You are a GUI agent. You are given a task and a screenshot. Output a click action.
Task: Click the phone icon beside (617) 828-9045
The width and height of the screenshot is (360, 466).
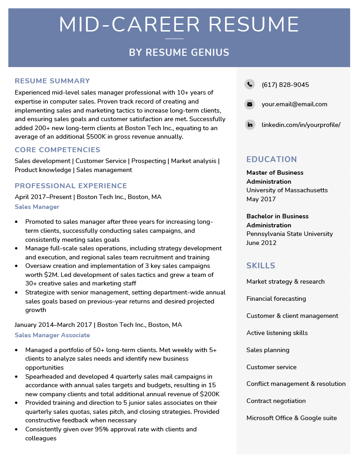(249, 84)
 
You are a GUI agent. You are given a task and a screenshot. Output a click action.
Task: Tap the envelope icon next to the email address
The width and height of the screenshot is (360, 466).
(249, 104)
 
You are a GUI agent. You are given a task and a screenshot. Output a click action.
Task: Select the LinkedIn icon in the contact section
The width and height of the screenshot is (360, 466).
(249, 125)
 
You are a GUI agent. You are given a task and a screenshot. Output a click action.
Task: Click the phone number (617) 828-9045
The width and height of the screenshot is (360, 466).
(285, 85)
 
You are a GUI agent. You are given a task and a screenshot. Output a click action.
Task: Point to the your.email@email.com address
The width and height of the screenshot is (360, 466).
(294, 104)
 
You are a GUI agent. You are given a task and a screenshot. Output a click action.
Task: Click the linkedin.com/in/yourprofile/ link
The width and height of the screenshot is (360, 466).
(301, 125)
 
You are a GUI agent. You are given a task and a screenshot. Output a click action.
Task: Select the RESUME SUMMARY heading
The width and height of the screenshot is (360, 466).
(52, 81)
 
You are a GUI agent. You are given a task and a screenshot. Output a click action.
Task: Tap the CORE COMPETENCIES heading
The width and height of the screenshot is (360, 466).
(57, 150)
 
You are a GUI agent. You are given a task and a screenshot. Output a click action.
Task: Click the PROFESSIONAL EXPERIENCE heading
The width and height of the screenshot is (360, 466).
(71, 186)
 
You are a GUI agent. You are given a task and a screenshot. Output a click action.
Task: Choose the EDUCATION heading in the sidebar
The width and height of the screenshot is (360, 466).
(271, 159)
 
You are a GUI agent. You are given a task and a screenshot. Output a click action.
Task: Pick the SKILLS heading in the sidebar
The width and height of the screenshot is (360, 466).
(261, 266)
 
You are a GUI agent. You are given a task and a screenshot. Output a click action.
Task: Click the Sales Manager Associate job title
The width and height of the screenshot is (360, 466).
(52, 335)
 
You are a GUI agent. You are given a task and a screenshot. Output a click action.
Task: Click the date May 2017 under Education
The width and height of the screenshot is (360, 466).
(261, 199)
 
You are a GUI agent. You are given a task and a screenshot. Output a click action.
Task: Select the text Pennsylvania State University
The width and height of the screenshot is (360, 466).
(289, 234)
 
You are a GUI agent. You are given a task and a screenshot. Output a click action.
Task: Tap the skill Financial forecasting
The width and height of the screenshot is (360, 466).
(276, 299)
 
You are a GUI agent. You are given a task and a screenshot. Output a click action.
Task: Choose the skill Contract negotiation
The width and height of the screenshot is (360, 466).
(276, 401)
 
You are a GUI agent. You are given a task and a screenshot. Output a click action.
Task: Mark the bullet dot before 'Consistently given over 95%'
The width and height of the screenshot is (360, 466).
(17, 430)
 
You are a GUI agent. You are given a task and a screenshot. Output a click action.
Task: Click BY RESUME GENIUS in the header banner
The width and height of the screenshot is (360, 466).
(179, 53)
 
